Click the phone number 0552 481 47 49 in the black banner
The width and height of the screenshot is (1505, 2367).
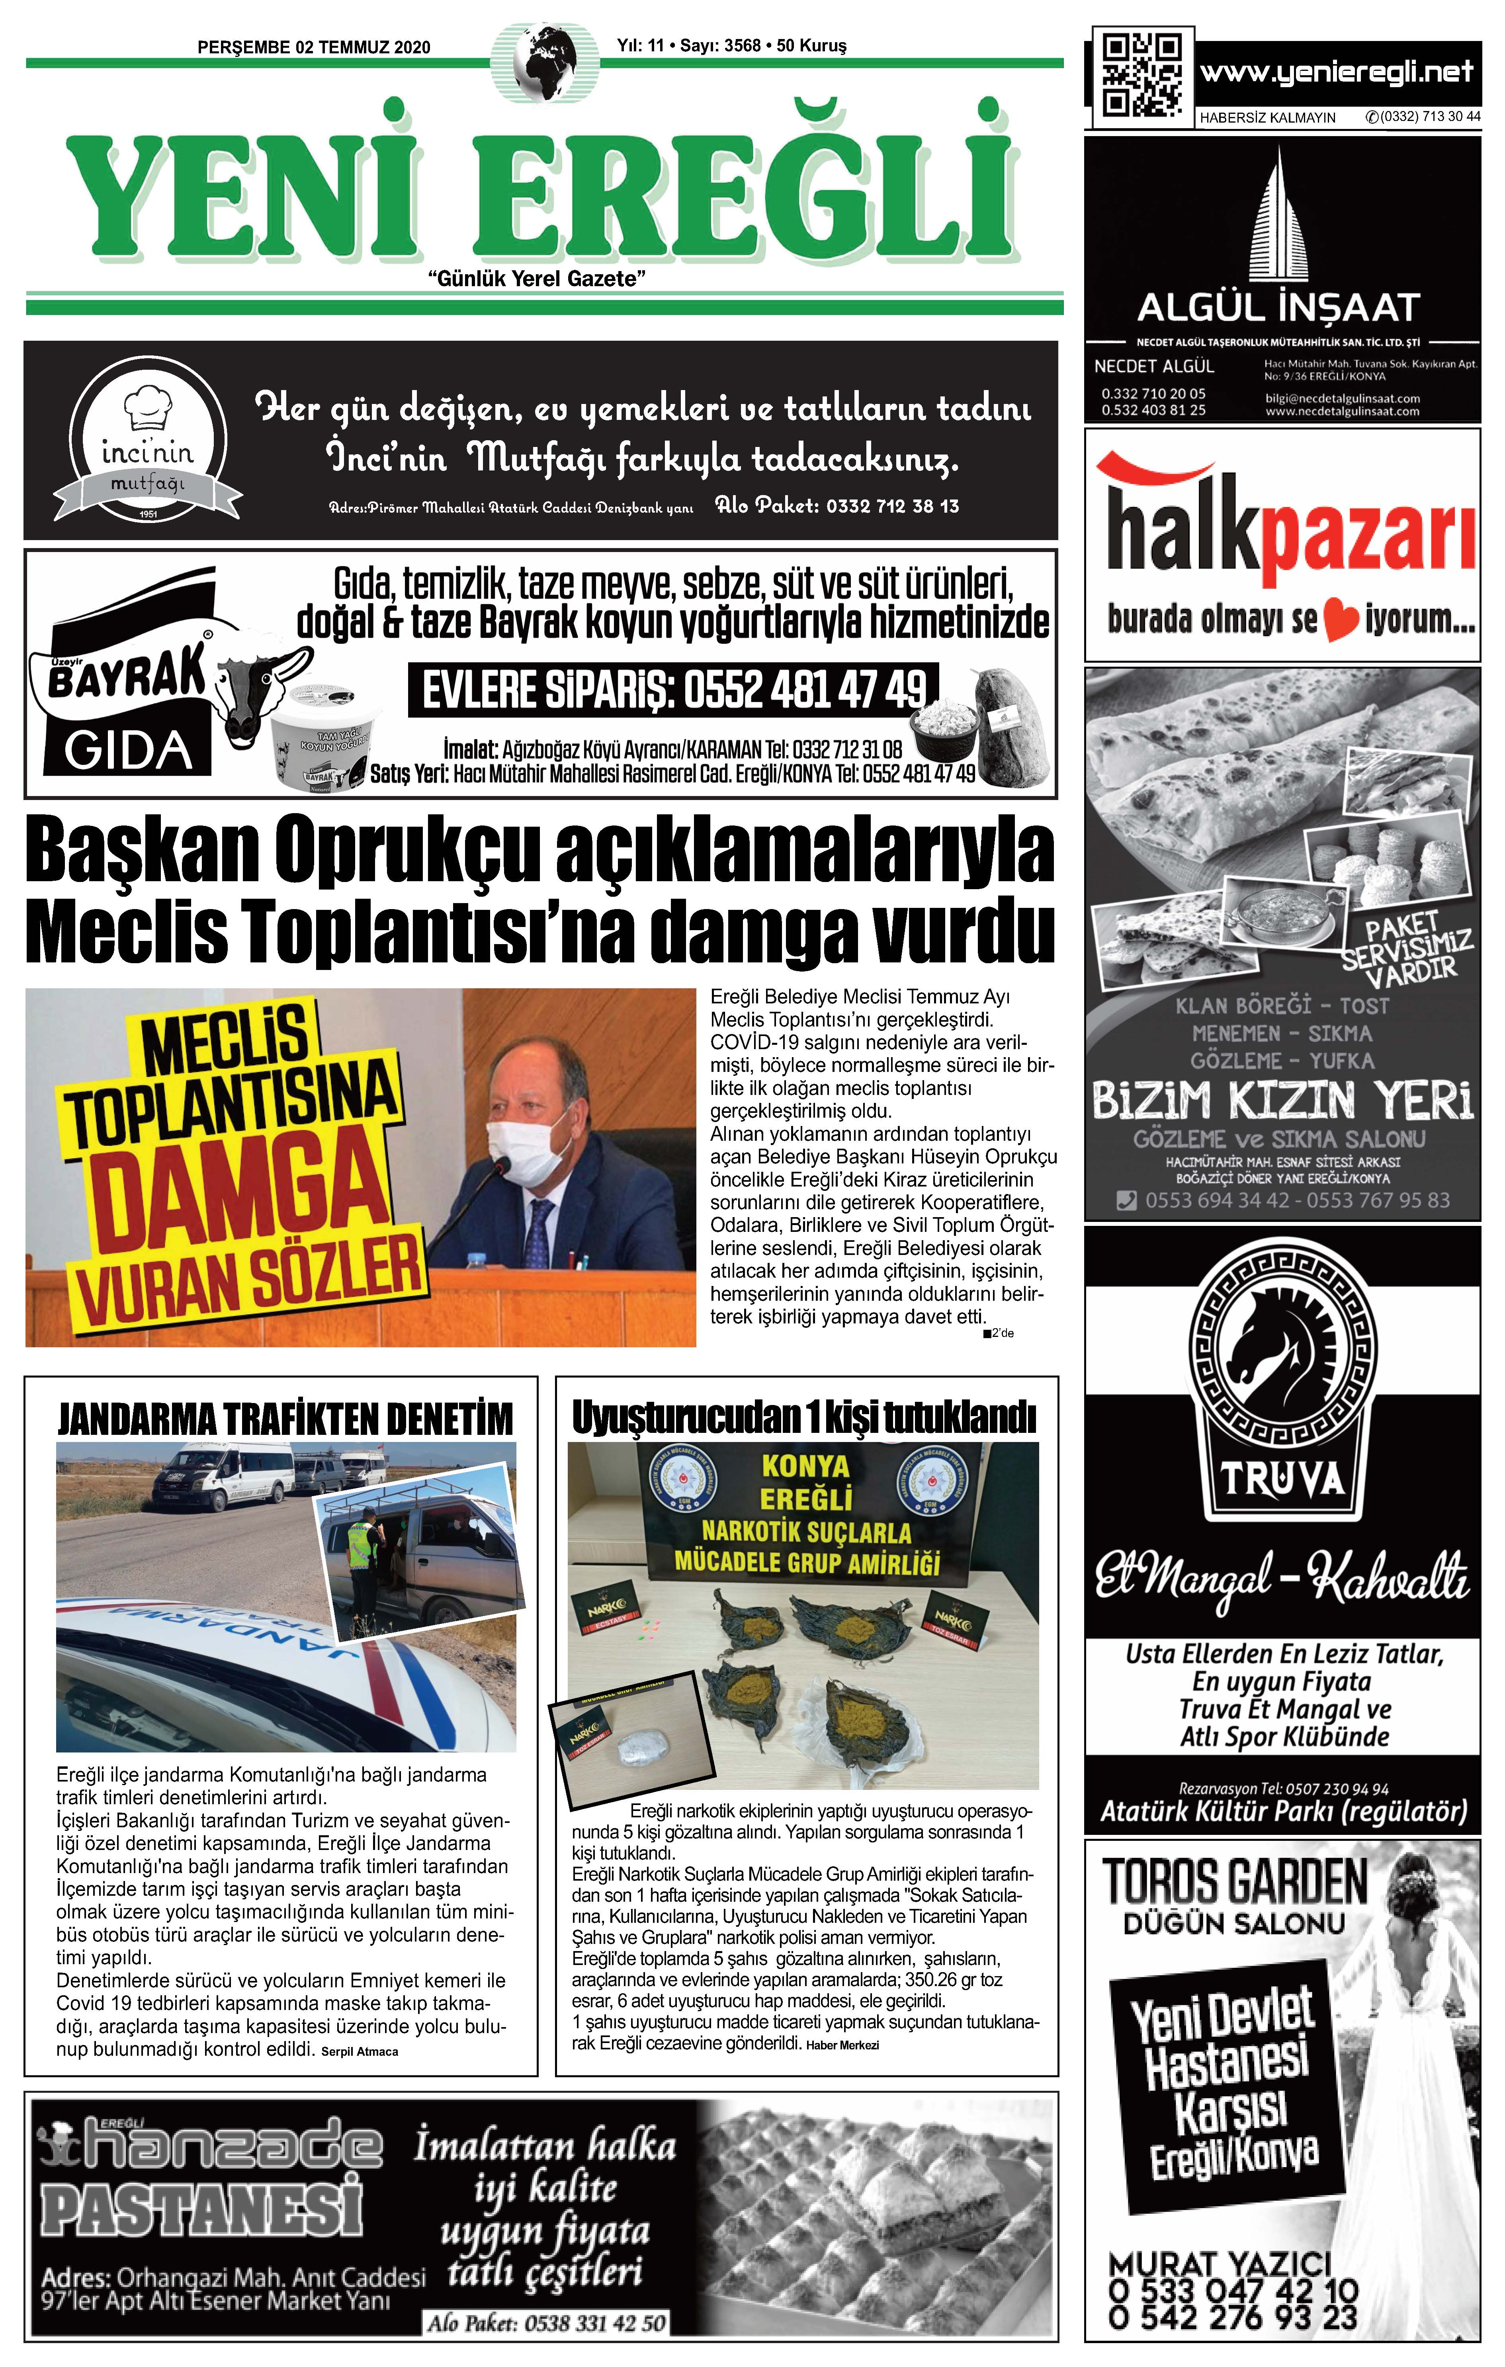673,690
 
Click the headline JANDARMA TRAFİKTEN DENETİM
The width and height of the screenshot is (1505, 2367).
285,1419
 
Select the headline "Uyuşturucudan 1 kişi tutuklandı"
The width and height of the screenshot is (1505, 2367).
804,1417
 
